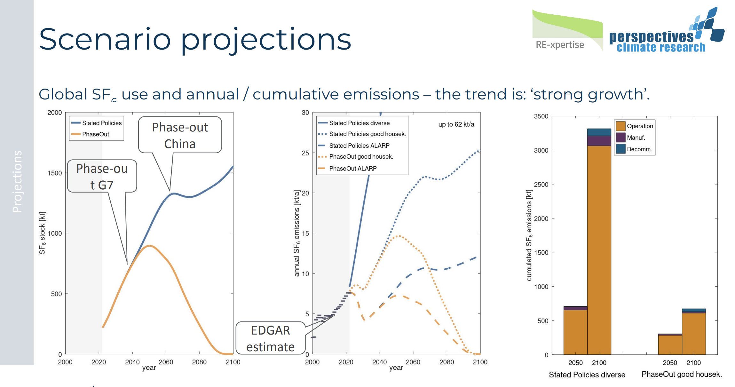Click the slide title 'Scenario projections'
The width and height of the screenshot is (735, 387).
click(195, 40)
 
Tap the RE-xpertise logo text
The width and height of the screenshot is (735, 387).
click(560, 45)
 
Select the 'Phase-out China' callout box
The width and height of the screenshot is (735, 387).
click(180, 135)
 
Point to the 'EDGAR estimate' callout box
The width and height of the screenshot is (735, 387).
click(270, 338)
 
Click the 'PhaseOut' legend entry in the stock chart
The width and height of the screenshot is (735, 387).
click(95, 134)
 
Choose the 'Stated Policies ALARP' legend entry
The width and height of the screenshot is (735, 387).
click(359, 146)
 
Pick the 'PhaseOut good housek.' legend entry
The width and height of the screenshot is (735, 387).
click(361, 157)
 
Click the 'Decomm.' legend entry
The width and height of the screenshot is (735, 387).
click(639, 149)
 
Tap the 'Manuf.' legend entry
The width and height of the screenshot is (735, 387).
click(636, 138)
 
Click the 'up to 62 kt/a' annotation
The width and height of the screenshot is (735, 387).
click(456, 124)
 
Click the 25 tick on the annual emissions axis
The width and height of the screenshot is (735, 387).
click(305, 153)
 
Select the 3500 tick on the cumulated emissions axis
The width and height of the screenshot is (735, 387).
click(541, 116)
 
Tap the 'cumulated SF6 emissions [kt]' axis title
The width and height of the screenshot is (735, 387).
click(529, 235)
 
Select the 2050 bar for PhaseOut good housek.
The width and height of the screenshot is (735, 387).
click(670, 344)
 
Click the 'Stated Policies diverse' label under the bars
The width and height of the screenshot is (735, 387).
click(587, 375)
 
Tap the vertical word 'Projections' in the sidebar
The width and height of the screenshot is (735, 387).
click(17, 181)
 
